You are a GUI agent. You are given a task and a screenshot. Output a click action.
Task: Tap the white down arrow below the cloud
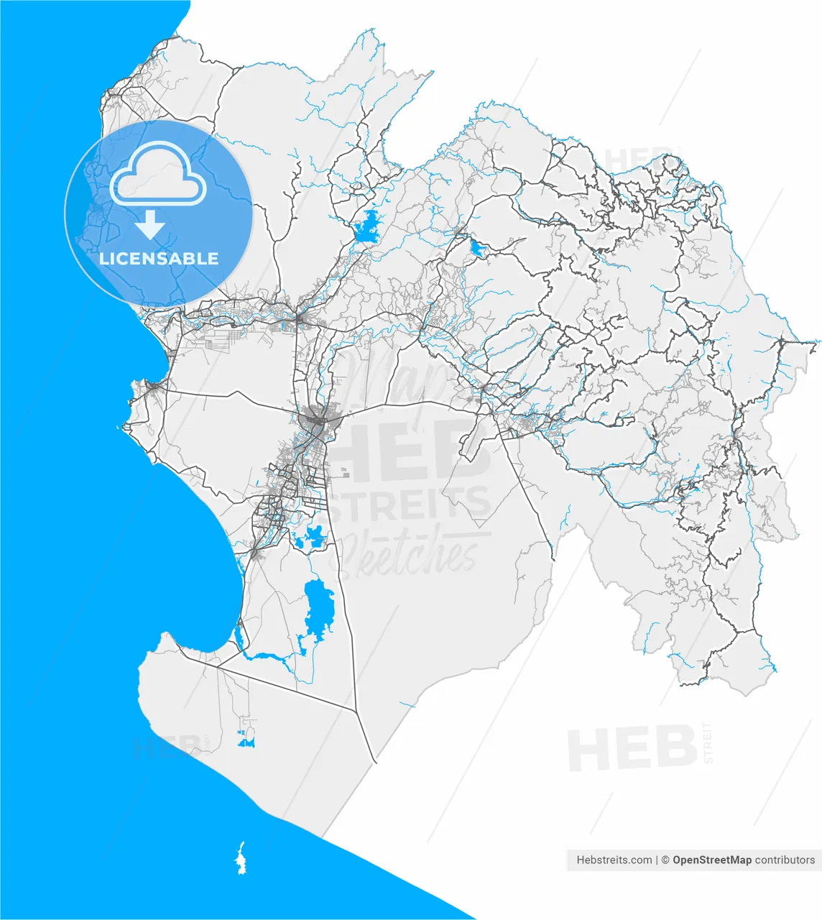point(150,225)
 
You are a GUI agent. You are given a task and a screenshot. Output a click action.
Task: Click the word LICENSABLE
point(159,259)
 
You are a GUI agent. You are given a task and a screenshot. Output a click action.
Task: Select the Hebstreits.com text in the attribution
point(614,860)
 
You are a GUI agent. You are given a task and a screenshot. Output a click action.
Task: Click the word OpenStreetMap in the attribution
point(712,860)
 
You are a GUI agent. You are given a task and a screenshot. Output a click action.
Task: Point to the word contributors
point(785,860)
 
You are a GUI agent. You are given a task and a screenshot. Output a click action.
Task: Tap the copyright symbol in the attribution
point(665,860)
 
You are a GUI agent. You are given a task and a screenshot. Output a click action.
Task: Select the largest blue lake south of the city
point(318,604)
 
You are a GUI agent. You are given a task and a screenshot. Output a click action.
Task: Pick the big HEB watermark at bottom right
point(631,748)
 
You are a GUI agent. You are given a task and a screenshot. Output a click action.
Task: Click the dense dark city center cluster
point(315,418)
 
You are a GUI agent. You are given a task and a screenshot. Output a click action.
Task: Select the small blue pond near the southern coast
point(247,739)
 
